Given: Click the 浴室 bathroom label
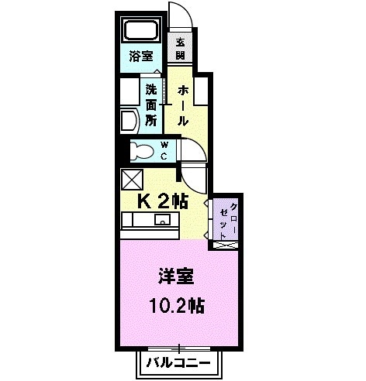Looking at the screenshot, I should click(x=140, y=56).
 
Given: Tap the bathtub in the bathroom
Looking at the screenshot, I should click(x=142, y=32).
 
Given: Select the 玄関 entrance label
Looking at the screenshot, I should click(x=180, y=48).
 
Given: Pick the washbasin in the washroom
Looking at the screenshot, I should click(x=129, y=120).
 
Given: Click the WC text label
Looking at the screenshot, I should click(x=164, y=150).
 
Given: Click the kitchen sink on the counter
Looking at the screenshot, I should click(x=162, y=221).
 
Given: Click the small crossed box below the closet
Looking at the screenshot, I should click(x=224, y=245).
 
